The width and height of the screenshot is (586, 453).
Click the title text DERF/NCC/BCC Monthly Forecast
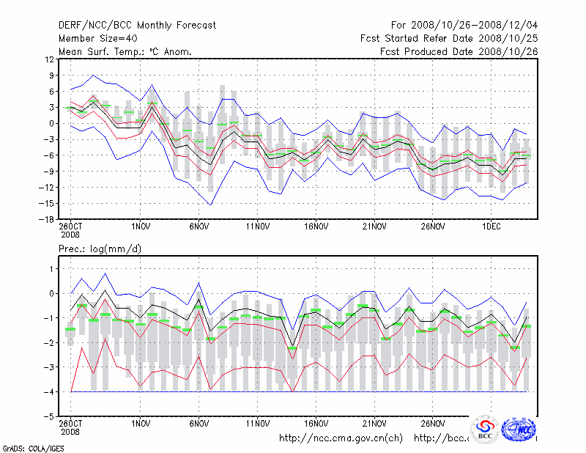click(137, 25)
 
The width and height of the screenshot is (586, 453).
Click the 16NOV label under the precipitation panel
click(316, 424)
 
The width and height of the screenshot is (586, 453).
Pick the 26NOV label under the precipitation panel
click(433, 424)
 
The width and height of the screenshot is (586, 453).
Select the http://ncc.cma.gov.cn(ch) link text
click(341, 438)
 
